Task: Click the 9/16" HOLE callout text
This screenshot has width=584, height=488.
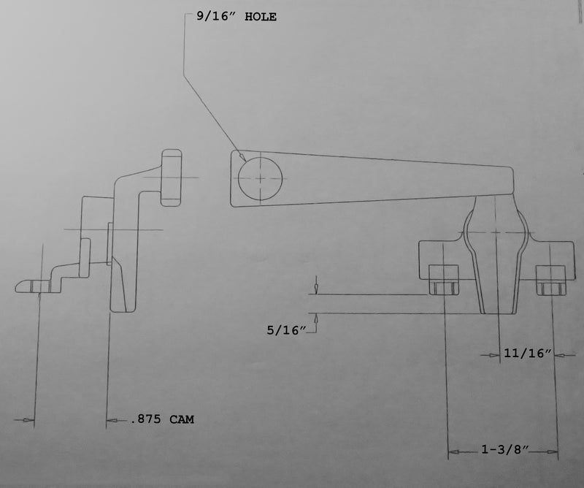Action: point(237,17)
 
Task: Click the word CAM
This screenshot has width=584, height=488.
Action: point(182,419)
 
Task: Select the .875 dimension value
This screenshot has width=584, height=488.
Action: point(145,419)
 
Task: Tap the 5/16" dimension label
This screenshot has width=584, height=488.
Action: point(286,330)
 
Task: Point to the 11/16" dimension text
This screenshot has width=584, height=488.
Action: point(527,353)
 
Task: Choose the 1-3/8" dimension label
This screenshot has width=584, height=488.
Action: point(504,449)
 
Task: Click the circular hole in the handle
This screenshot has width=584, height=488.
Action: point(260,178)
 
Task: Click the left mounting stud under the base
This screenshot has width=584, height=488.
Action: point(443,280)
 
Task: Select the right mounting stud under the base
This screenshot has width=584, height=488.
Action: point(551,280)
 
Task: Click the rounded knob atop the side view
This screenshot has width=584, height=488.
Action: point(172,178)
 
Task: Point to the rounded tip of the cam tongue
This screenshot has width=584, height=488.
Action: point(17,286)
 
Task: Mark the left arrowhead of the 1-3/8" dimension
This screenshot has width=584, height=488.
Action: point(453,452)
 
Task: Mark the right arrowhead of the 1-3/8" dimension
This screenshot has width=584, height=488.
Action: point(553,452)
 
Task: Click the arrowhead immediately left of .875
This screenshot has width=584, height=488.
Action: point(112,421)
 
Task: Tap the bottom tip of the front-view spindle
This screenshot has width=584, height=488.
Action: point(498,313)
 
